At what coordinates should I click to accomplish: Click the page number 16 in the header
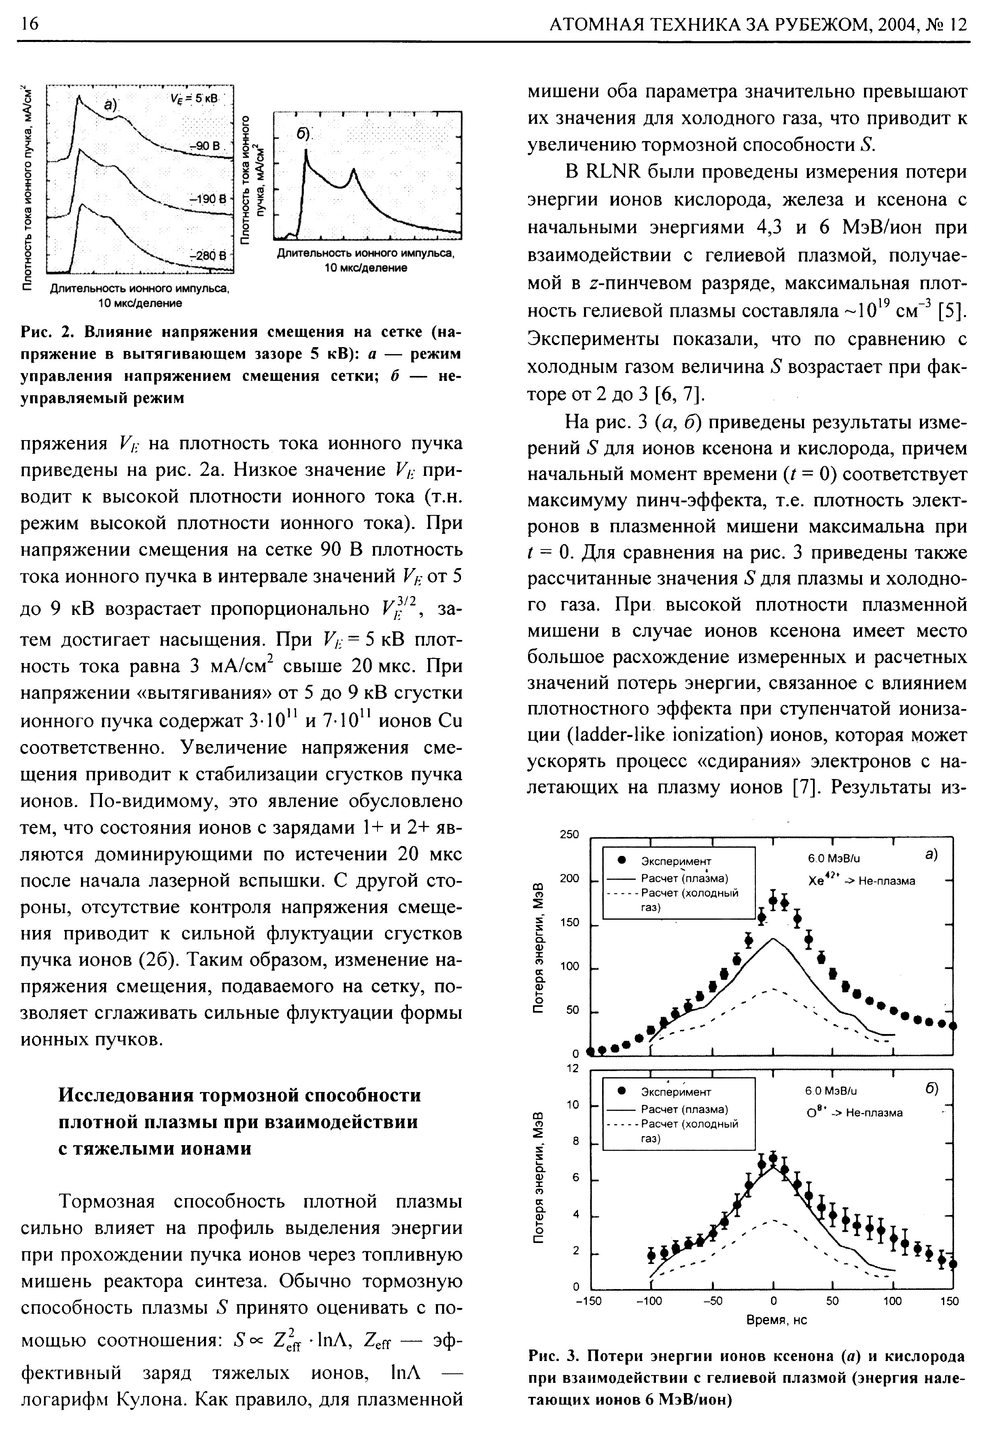(29, 23)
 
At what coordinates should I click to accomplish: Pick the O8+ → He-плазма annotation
(855, 1113)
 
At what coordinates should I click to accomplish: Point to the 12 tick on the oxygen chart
(572, 1069)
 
